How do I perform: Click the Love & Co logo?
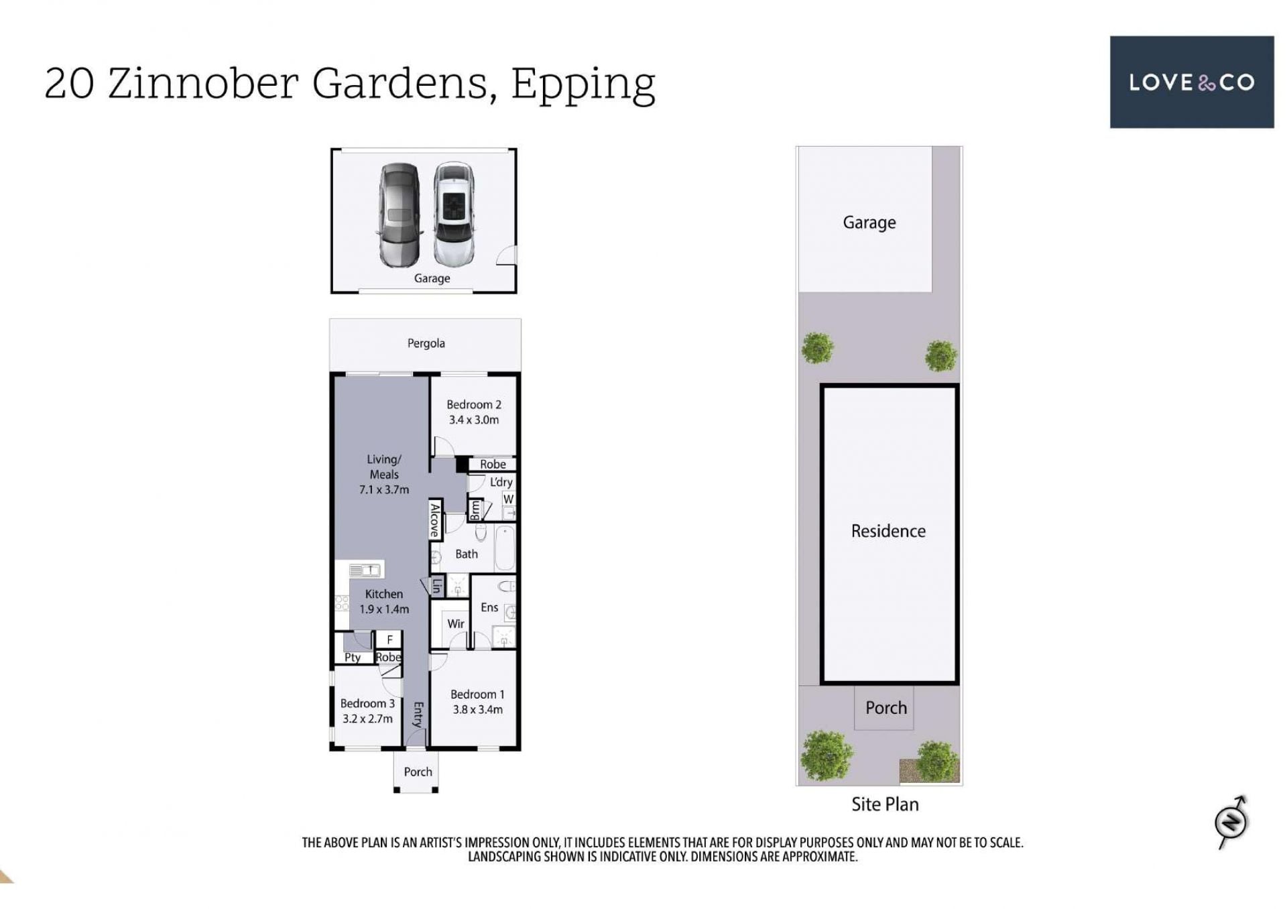point(1191,82)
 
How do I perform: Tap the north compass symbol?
point(1231,821)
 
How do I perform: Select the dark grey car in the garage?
point(400,215)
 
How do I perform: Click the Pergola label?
point(426,343)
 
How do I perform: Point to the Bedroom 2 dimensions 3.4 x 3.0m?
point(474,420)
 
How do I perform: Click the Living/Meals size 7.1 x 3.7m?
point(384,490)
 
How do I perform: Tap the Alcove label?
point(435,520)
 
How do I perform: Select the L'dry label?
point(501,483)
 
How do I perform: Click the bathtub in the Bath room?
point(505,548)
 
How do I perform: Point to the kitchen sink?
point(365,570)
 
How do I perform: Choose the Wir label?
point(456,623)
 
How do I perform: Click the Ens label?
point(489,607)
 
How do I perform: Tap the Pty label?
point(353,658)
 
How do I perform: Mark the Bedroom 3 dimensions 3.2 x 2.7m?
point(367,719)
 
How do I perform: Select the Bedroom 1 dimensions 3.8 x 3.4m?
point(477,710)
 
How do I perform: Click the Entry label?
point(418,715)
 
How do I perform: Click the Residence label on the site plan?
point(888,531)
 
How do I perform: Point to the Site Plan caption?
point(885,804)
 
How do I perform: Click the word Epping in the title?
point(583,84)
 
